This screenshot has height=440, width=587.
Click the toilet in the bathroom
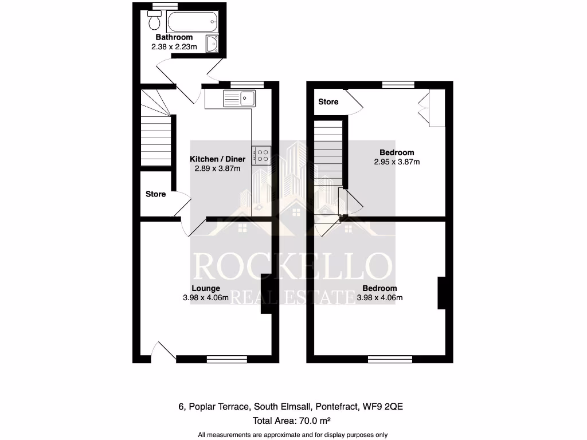tap(154, 21)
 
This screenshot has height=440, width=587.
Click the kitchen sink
tap(241, 98)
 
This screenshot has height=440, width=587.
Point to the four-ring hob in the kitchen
tap(263, 155)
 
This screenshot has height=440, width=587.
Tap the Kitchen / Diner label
tap(218, 159)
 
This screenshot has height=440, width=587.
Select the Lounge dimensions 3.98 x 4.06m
tap(206, 298)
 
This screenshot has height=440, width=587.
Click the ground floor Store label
tap(155, 194)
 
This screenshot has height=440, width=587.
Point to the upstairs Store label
tap(328, 102)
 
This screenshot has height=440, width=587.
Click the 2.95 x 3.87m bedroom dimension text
tap(397, 162)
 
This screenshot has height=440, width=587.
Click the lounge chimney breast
tap(267, 294)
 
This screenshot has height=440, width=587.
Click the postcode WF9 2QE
tap(386, 407)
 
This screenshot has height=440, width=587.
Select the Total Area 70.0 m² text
tap(293, 421)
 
